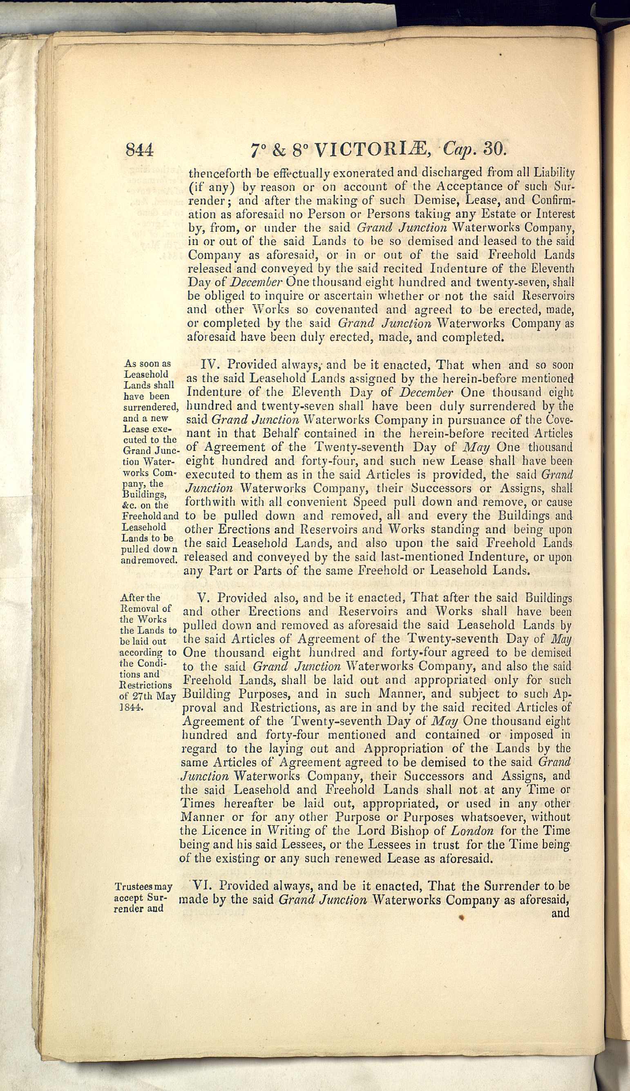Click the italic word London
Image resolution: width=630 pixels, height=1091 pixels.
pos(472,830)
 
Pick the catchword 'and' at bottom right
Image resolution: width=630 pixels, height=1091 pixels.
pos(560,913)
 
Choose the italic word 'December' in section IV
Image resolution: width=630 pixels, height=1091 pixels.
pos(426,393)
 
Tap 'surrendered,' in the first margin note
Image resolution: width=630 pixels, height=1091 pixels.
pos(151,407)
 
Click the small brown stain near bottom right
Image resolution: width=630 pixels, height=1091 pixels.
pos(462,916)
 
